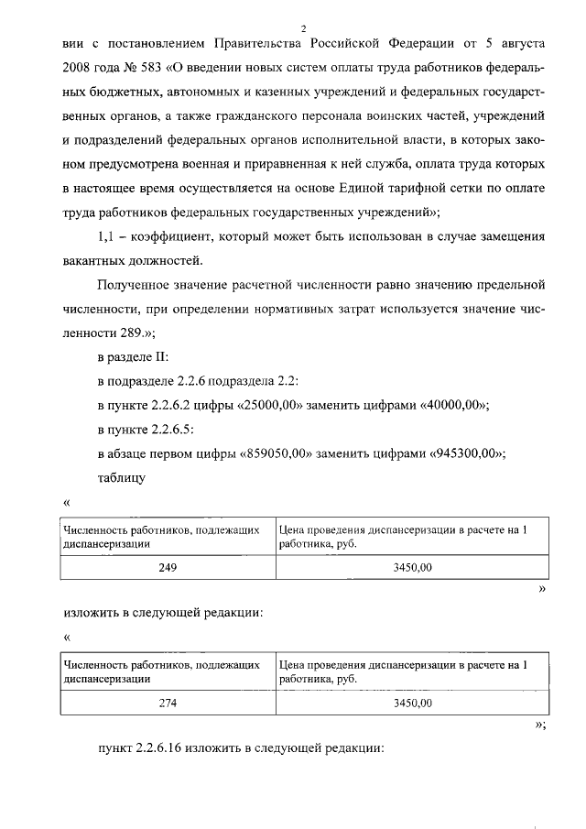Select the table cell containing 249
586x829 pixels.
pyautogui.click(x=168, y=568)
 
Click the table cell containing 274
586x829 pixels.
pyautogui.click(x=168, y=704)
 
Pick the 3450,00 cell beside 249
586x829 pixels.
pyautogui.click(x=412, y=568)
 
